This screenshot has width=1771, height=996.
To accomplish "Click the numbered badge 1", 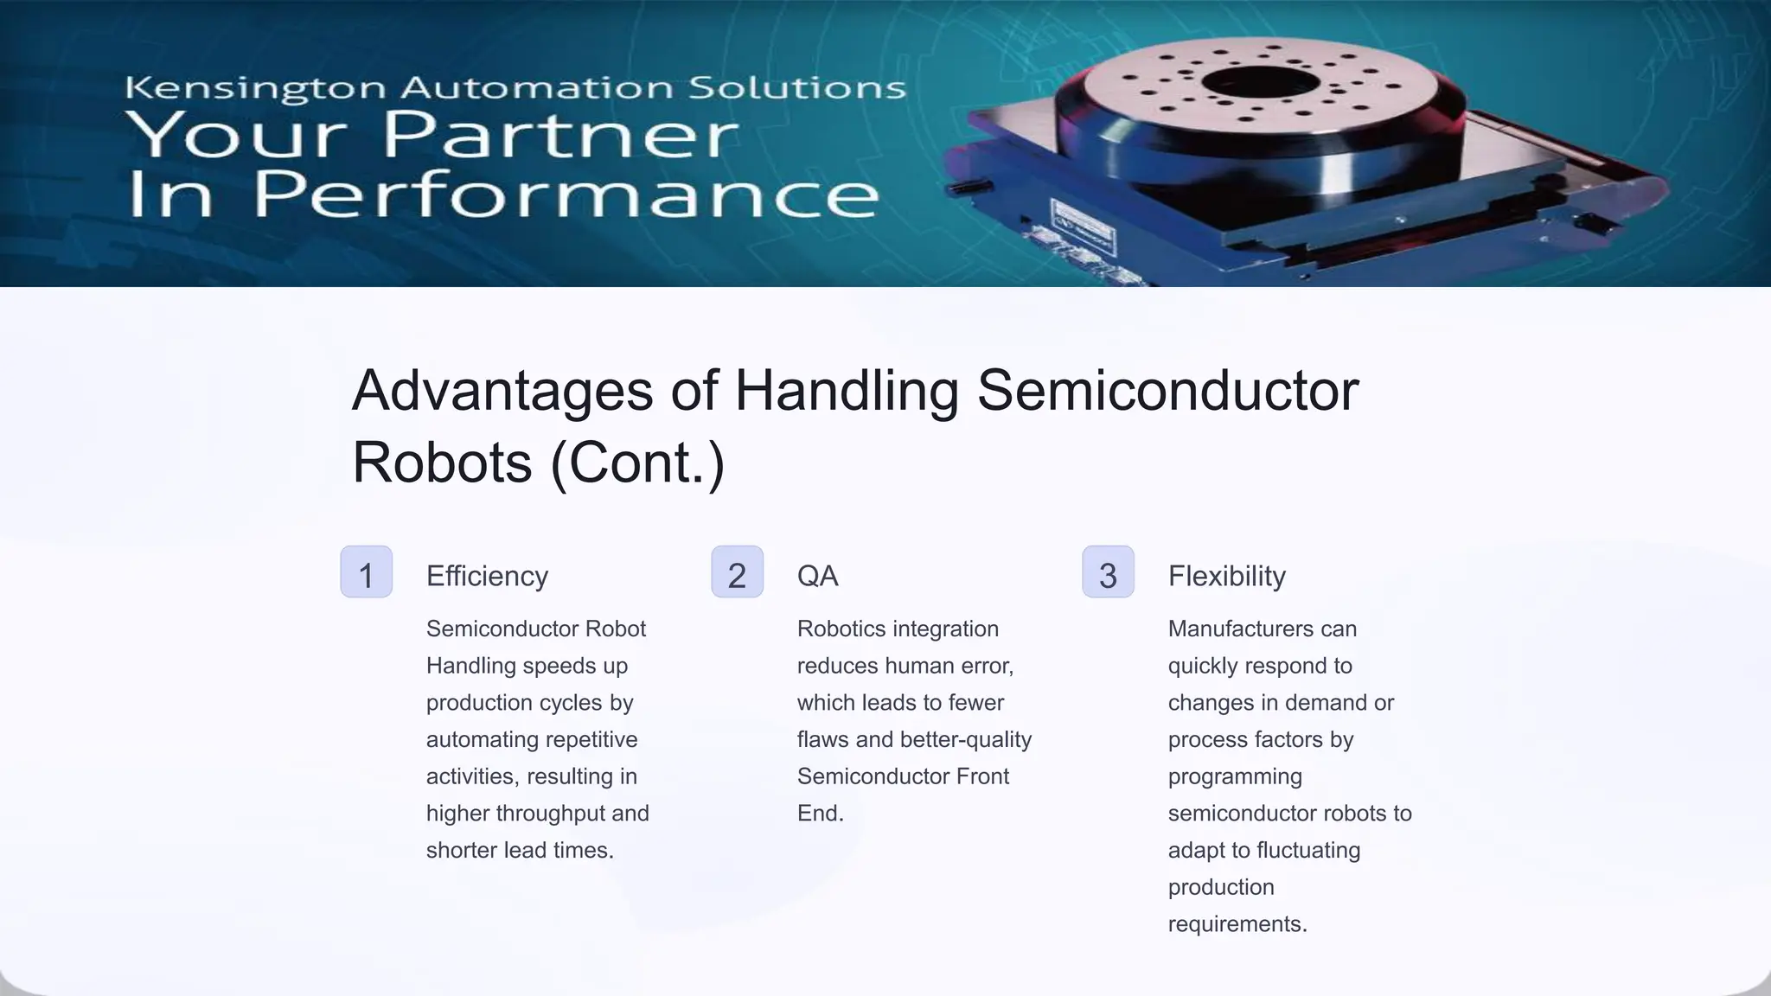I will click(x=366, y=571).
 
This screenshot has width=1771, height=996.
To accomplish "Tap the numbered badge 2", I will click(x=737, y=571).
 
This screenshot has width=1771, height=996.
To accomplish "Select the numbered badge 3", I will click(x=1108, y=571).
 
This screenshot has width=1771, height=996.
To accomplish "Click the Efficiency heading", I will click(x=487, y=576).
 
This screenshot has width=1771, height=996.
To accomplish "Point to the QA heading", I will click(x=817, y=576).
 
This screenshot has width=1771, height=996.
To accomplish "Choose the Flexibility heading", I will click(x=1226, y=576).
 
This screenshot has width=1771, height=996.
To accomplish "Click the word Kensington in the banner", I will click(x=255, y=88).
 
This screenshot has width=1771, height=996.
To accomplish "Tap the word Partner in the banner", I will click(x=560, y=136).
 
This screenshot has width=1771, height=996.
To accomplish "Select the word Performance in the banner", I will click(x=566, y=195).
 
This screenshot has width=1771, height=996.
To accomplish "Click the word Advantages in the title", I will click(x=502, y=391).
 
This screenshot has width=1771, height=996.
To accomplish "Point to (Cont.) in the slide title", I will click(x=637, y=463).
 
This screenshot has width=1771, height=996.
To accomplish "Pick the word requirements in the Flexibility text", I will click(x=1237, y=924).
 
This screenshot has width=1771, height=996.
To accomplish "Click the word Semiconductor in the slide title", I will click(x=1167, y=391).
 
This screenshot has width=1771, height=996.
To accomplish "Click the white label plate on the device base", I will click(x=1082, y=227).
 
